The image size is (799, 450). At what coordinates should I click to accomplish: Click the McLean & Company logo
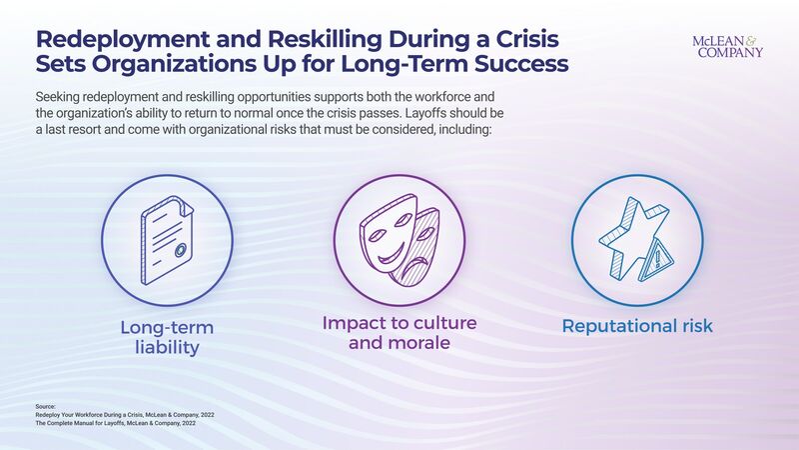coord(727,46)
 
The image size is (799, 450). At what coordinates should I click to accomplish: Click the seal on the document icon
coord(180,251)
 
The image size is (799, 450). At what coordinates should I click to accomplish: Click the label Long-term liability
coord(167,337)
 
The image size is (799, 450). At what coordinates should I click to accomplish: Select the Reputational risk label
coord(637,326)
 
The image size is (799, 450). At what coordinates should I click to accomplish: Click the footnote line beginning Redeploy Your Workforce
coord(125,413)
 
